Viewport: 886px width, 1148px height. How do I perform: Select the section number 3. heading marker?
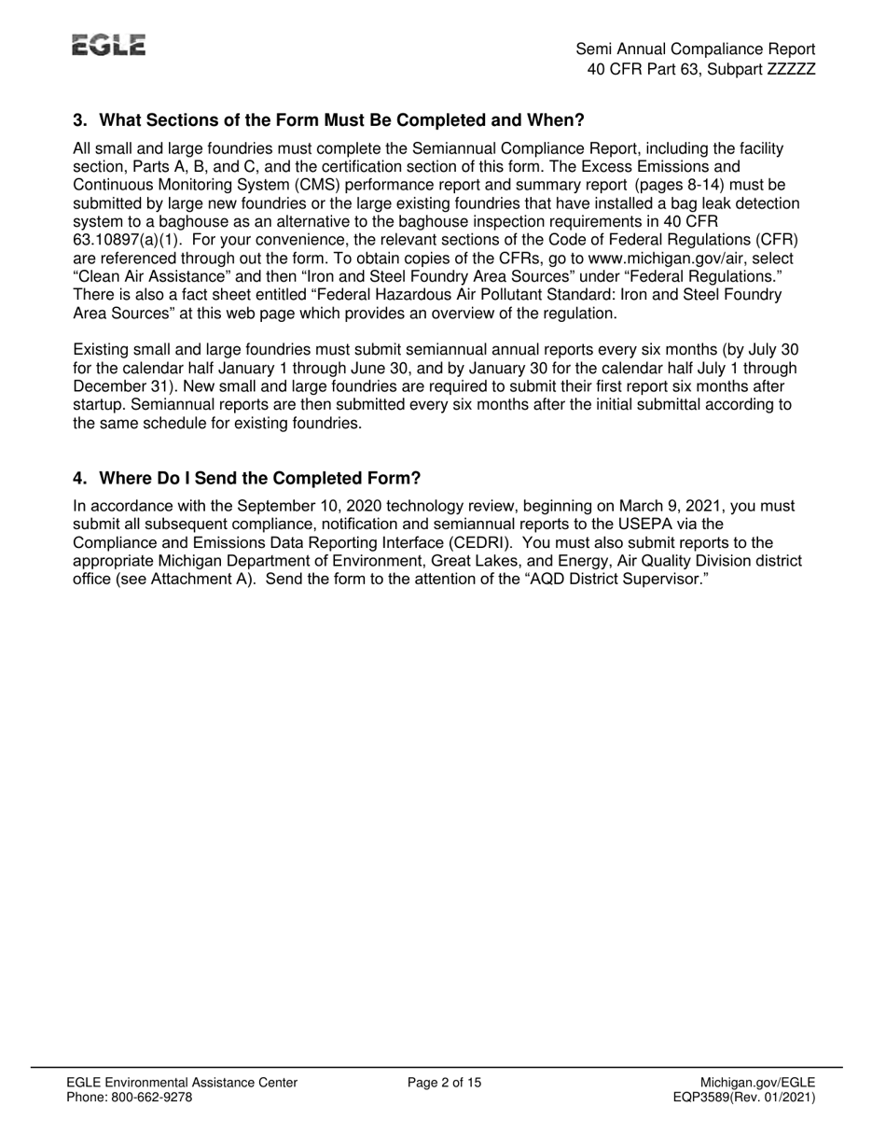80,120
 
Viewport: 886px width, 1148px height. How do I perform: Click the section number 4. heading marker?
80,479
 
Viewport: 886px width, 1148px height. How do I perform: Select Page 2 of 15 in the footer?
445,1083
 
